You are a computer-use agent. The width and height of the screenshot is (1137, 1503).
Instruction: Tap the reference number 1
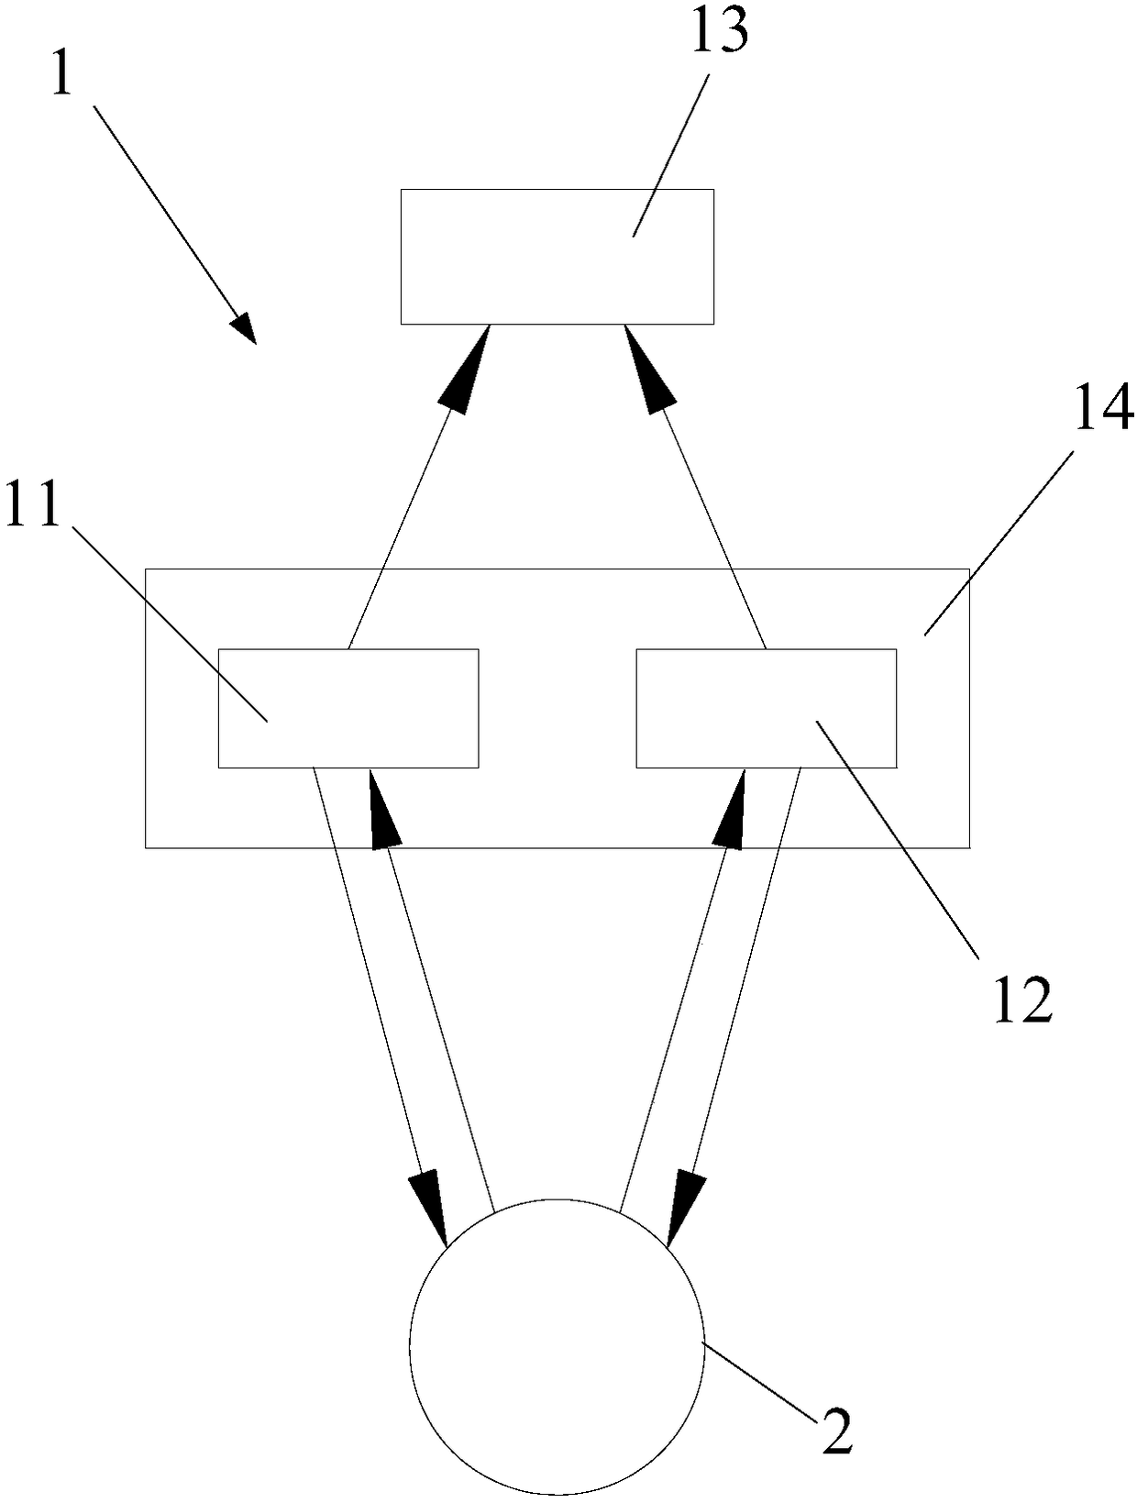[61, 72]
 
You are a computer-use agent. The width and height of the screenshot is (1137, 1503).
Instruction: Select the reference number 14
[1104, 408]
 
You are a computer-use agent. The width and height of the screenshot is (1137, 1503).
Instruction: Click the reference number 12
[1021, 1000]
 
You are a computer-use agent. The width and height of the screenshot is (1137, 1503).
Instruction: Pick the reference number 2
[837, 1431]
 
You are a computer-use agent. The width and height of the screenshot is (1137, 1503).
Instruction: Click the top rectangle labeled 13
[557, 257]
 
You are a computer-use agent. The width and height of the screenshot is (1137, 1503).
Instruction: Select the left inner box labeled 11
[348, 708]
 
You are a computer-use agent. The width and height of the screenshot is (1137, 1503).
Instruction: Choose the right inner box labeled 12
[767, 708]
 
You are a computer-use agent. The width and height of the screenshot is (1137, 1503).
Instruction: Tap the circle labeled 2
[557, 1346]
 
